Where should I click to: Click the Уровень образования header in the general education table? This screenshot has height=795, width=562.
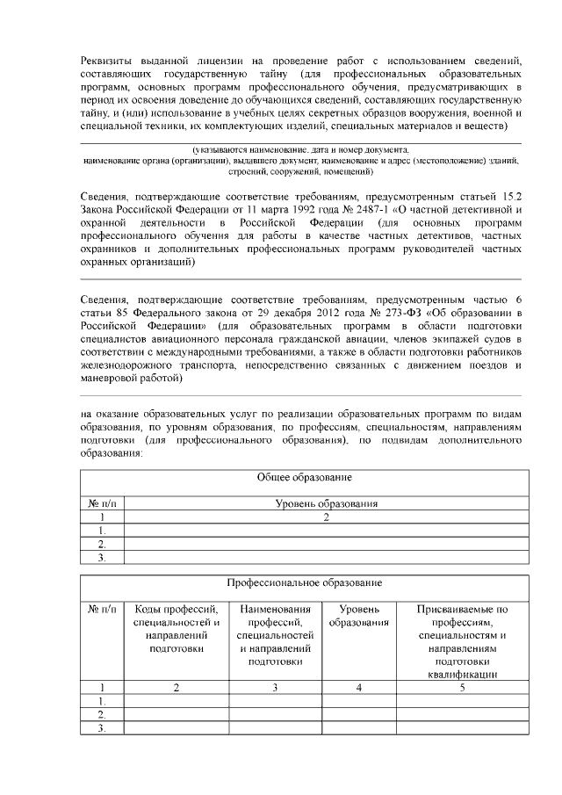(x=326, y=504)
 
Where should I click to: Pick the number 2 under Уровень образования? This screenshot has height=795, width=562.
(x=326, y=517)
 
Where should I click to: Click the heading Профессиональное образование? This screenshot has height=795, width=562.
(x=304, y=582)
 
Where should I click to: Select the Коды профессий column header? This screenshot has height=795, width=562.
(x=177, y=628)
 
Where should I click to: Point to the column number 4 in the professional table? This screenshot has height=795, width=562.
(x=358, y=689)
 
